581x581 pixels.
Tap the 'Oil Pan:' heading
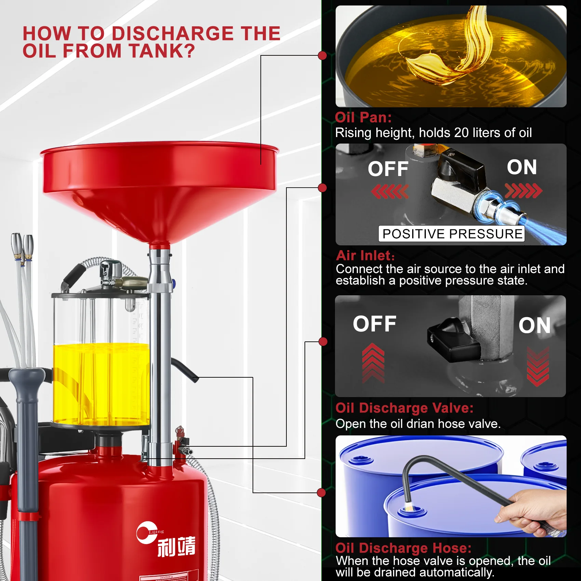tap(363, 117)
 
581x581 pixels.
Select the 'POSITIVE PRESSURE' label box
tap(451, 234)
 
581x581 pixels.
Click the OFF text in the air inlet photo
tap(388, 169)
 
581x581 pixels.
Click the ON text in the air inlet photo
tap(522, 167)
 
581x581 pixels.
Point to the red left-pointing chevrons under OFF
tap(390, 191)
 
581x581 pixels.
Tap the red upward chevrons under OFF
tap(373, 363)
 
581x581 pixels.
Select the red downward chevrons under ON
tap(538, 366)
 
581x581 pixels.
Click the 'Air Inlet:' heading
tap(365, 256)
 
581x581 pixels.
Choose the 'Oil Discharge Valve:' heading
tap(405, 408)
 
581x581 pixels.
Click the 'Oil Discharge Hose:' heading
tap(404, 548)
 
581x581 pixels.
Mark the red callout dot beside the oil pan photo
tap(322, 55)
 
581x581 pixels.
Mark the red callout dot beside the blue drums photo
tap(321, 492)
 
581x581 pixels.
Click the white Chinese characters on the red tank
tap(176, 546)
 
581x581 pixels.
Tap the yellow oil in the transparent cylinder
tap(102, 384)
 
